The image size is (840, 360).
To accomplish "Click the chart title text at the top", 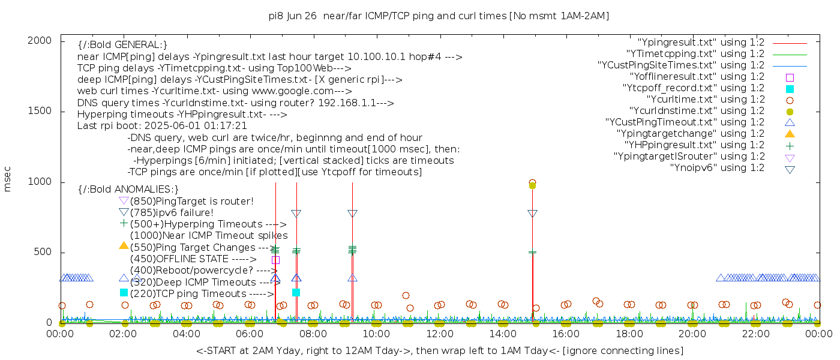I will (439, 16).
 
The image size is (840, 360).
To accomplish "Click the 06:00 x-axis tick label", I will (250, 334).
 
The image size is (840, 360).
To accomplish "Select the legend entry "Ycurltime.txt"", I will (705, 100).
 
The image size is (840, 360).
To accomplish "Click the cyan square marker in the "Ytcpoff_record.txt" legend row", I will (790, 88).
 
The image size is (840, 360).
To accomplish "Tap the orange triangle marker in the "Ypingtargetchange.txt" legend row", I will (790, 134).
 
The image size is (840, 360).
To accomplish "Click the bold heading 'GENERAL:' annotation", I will (122, 45).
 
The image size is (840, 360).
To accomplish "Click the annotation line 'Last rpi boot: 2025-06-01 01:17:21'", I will (162, 126).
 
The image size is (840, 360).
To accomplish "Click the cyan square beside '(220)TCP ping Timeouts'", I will (124, 293).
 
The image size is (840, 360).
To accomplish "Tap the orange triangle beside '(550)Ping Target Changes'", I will (124, 245).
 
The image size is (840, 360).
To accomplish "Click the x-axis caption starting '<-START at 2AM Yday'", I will (439, 350).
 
